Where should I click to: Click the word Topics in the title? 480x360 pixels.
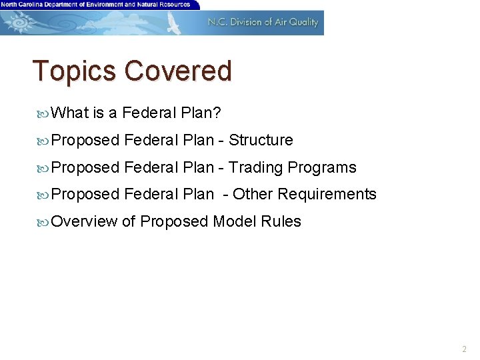76,71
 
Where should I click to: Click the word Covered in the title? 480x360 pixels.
178,71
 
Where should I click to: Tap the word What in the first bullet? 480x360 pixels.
69,113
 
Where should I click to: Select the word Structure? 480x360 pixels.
261,140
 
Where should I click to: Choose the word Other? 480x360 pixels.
253,194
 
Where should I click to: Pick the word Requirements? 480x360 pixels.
327,194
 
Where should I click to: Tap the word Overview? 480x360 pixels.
84,221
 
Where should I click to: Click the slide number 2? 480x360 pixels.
464,349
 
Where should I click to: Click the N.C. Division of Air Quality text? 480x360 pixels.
263,22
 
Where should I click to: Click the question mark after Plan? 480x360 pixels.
217,113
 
